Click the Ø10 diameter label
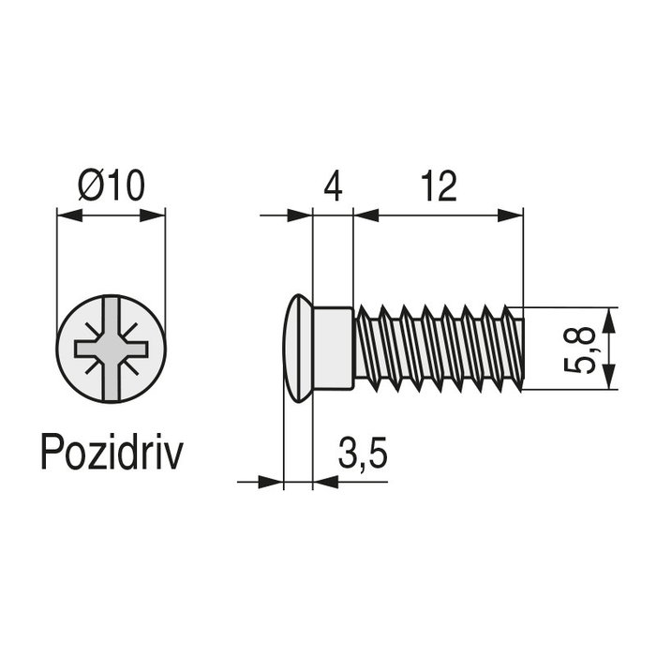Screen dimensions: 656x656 click(112, 186)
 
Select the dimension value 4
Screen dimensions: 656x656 click(333, 186)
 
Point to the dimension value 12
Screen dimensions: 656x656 click(438, 186)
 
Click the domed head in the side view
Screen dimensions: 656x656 click(297, 349)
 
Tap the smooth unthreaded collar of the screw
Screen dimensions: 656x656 click(333, 349)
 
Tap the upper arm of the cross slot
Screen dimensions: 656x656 click(112, 319)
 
